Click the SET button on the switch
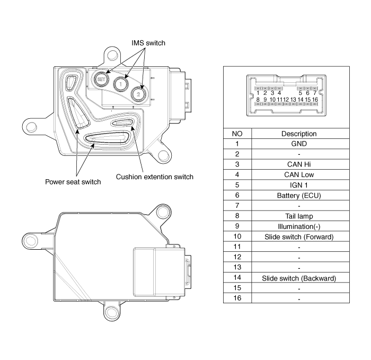pyautogui.click(x=101, y=80)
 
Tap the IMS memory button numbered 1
pyautogui.click(x=121, y=84)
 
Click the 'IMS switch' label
pyautogui.click(x=148, y=43)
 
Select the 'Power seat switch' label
pyautogui.click(x=73, y=182)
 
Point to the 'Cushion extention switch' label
pyautogui.click(x=155, y=177)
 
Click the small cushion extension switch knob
pyautogui.click(x=122, y=122)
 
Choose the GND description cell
pyautogui.click(x=299, y=144)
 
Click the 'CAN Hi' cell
pyautogui.click(x=299, y=164)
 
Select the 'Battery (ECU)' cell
pyautogui.click(x=299, y=196)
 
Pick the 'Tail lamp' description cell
pyautogui.click(x=299, y=216)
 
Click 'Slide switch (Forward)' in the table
pyautogui.click(x=299, y=237)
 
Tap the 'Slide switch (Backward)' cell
pyautogui.click(x=299, y=278)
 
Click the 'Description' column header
pyautogui.click(x=299, y=134)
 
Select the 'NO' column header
pyautogui.click(x=237, y=134)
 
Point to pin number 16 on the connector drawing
pyautogui.click(x=315, y=100)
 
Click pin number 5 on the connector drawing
pyautogui.click(x=301, y=93)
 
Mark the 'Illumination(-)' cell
pyautogui.click(x=299, y=226)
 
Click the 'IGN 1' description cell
pyautogui.click(x=299, y=185)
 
